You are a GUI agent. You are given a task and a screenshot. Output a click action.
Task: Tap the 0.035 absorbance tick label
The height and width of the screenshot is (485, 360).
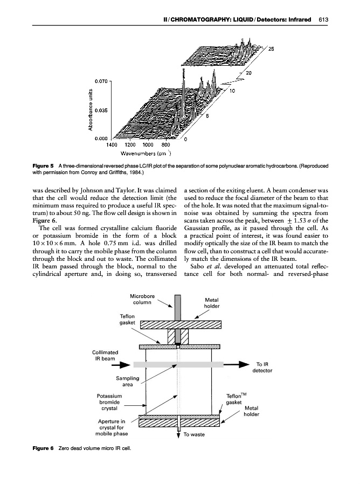coord(102,110)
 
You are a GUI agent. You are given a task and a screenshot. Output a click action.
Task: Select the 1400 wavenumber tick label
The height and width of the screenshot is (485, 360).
coord(112,144)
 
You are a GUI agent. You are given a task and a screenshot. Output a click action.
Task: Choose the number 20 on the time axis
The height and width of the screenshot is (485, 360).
coord(249,73)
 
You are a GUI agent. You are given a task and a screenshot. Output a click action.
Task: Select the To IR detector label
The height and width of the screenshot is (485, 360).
coord(264,368)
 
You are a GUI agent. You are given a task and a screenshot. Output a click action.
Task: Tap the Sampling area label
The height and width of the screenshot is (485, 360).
coord(128,382)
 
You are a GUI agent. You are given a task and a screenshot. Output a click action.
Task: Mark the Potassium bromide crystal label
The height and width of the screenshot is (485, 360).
coord(109,401)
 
